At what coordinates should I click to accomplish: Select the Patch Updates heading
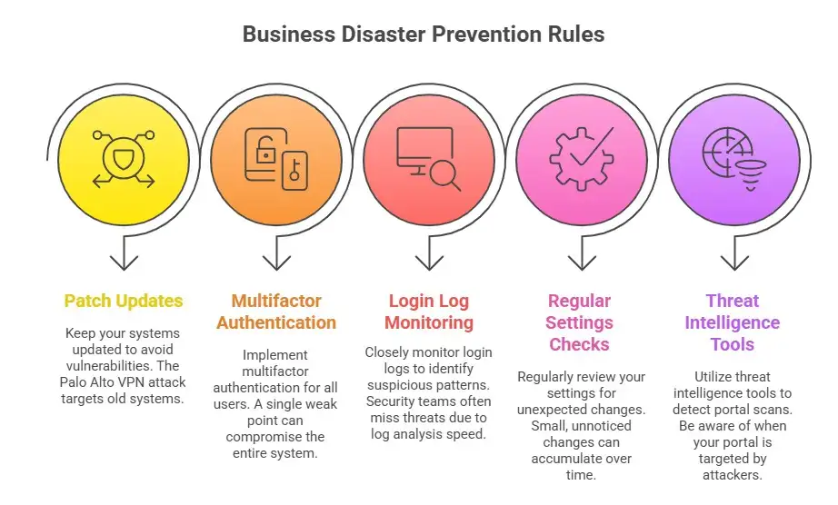pyautogui.click(x=124, y=301)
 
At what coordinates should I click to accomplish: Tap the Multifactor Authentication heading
pyautogui.click(x=276, y=312)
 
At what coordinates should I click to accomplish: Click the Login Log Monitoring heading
pyautogui.click(x=428, y=312)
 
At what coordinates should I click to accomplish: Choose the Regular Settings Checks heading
pyautogui.click(x=578, y=322)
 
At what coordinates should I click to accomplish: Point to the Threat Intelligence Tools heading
pyautogui.click(x=732, y=322)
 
